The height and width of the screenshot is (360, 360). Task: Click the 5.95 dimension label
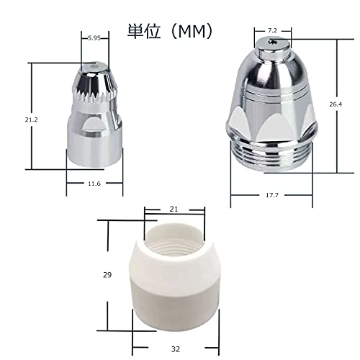[94, 37]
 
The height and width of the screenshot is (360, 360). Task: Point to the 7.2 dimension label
[272, 31]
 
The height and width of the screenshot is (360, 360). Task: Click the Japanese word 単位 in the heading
[141, 31]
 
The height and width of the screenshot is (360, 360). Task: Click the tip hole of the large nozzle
[271, 43]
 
